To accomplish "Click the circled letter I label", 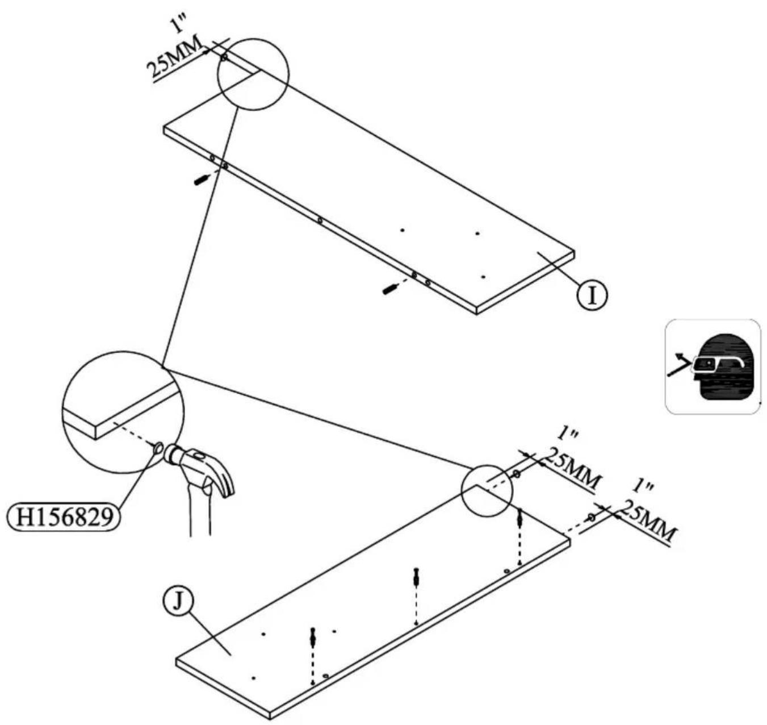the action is tap(592, 295).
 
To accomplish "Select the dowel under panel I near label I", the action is tap(391, 289).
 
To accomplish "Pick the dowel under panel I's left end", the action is tap(202, 180).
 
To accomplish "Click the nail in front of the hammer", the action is tap(158, 448).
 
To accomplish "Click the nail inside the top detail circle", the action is tap(224, 57).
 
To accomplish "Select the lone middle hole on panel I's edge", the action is tap(320, 220).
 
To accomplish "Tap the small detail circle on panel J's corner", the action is tap(487, 490).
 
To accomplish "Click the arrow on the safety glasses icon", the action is tap(680, 364).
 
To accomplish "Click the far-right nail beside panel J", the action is tap(591, 518).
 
